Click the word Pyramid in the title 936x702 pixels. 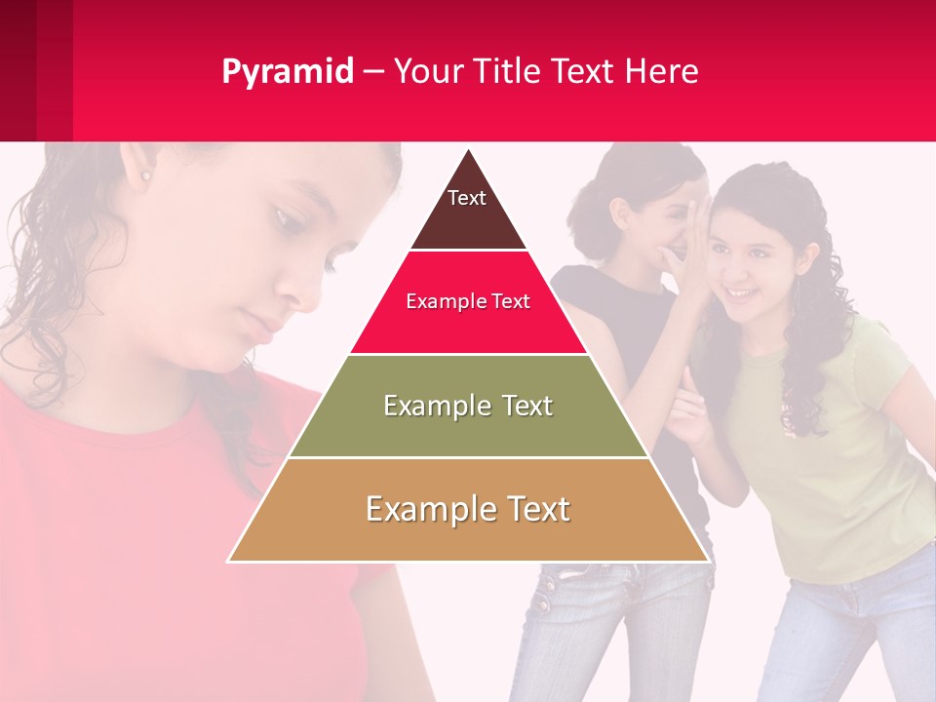287,72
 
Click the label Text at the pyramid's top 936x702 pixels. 467,198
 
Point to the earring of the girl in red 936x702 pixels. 146,176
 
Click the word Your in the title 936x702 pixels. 426,72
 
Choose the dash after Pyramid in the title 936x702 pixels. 373,72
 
